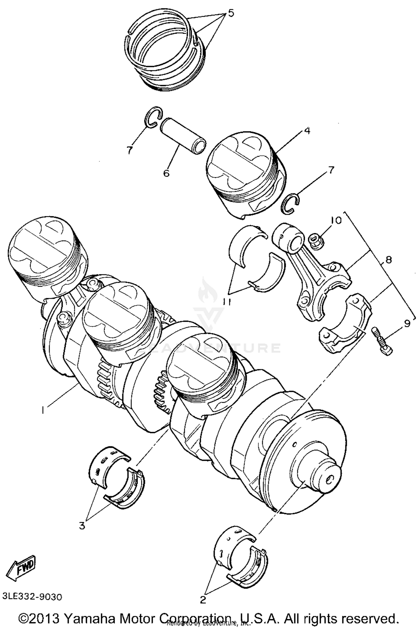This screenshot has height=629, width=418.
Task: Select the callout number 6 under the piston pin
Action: coord(166,173)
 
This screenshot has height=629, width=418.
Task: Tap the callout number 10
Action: coord(336,220)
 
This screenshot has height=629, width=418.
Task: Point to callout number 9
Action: coord(407,324)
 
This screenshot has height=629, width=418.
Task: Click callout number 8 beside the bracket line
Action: coord(389,260)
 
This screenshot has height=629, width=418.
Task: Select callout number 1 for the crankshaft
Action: coord(42,410)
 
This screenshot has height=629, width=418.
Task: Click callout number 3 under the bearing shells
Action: coord(82,526)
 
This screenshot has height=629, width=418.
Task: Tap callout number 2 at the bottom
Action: coord(203,599)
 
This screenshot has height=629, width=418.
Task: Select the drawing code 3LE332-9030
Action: coord(32,597)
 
